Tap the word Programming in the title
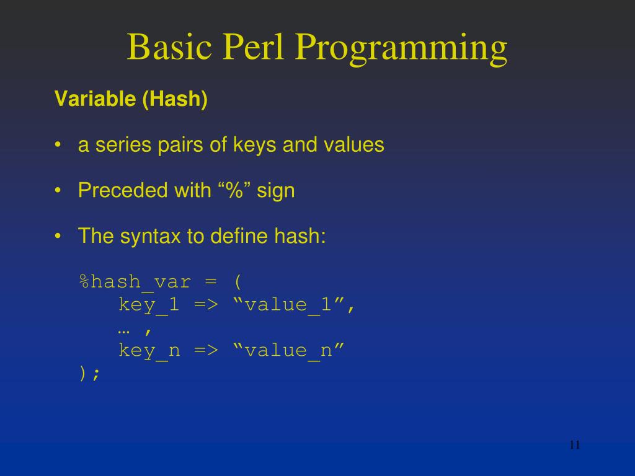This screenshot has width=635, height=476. [x=401, y=50]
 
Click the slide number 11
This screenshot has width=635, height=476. [x=574, y=445]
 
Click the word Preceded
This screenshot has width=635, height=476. [x=115, y=190]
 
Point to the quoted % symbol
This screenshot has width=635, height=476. [x=234, y=190]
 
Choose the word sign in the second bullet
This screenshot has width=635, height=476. [x=276, y=192]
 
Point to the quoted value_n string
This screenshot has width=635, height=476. [x=288, y=351]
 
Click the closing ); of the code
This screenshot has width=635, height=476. [x=89, y=373]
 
